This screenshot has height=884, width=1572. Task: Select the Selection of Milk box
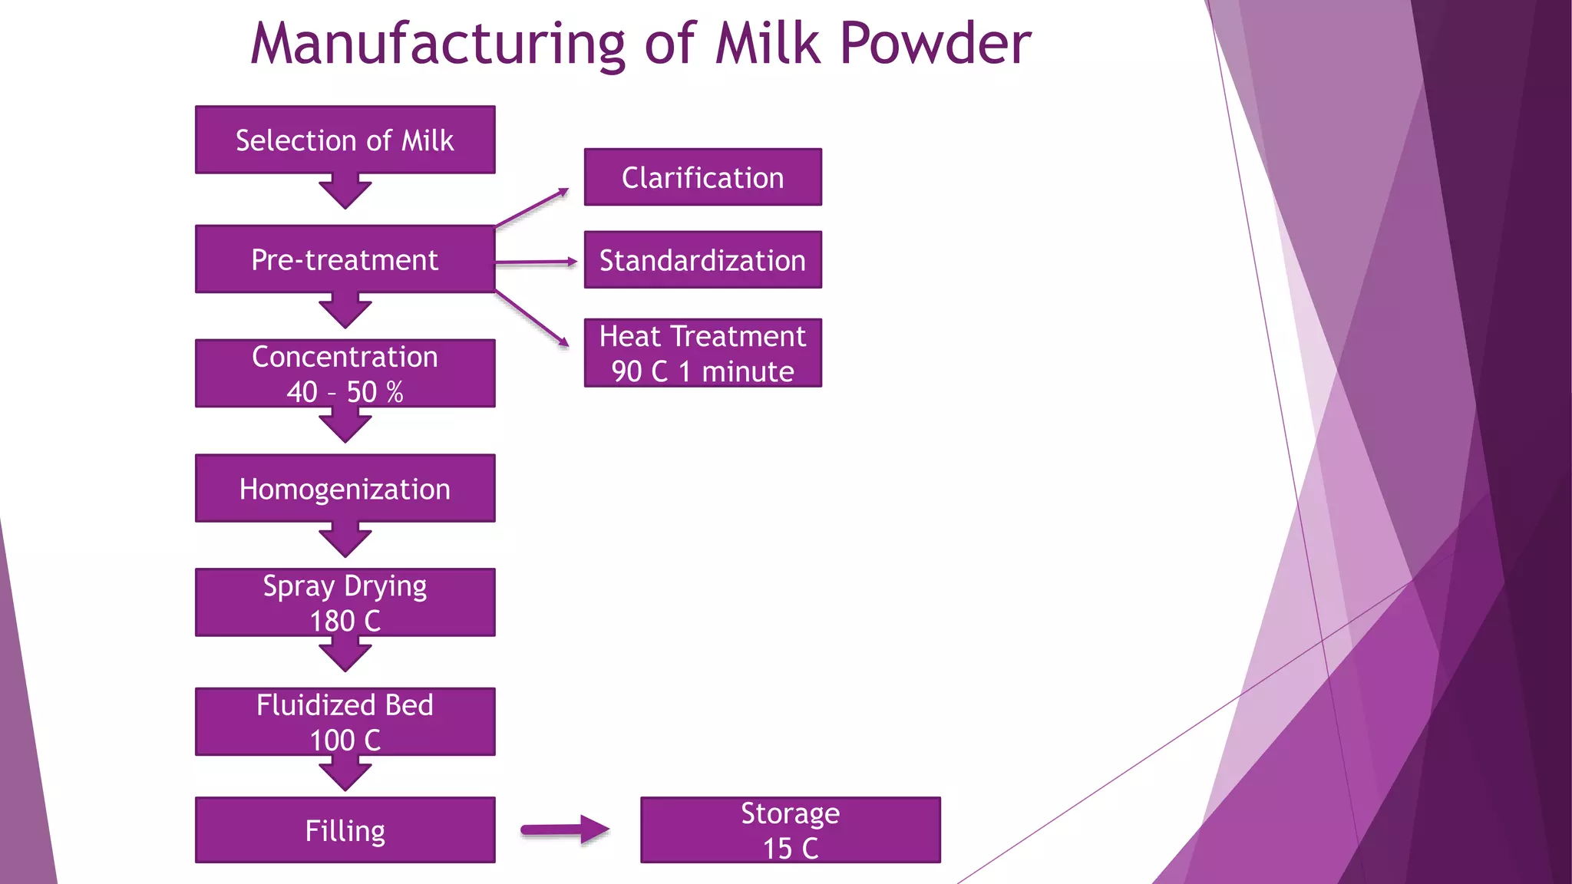click(x=345, y=140)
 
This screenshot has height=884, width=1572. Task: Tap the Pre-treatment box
click(x=345, y=259)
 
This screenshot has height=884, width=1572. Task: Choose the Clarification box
click(x=702, y=177)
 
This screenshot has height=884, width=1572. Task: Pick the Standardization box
click(x=702, y=260)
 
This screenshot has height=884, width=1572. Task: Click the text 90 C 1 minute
click(x=702, y=371)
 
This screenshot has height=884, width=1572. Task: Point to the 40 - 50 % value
click(x=345, y=392)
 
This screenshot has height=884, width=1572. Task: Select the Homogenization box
click(x=345, y=489)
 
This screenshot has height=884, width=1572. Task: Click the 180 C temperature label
click(x=345, y=621)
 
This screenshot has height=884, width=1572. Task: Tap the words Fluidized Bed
click(x=345, y=704)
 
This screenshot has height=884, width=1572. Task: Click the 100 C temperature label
click(x=345, y=741)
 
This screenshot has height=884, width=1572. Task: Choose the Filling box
click(x=345, y=830)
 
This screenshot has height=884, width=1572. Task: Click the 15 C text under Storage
click(x=790, y=849)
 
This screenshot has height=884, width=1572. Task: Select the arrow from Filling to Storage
click(x=565, y=830)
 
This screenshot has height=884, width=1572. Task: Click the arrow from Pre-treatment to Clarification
click(x=532, y=208)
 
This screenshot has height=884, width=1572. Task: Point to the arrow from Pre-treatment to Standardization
click(x=536, y=262)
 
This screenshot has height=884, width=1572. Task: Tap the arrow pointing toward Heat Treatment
click(x=532, y=318)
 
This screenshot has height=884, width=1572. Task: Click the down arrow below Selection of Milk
click(x=345, y=192)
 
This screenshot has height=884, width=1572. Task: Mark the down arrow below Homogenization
click(x=345, y=540)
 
